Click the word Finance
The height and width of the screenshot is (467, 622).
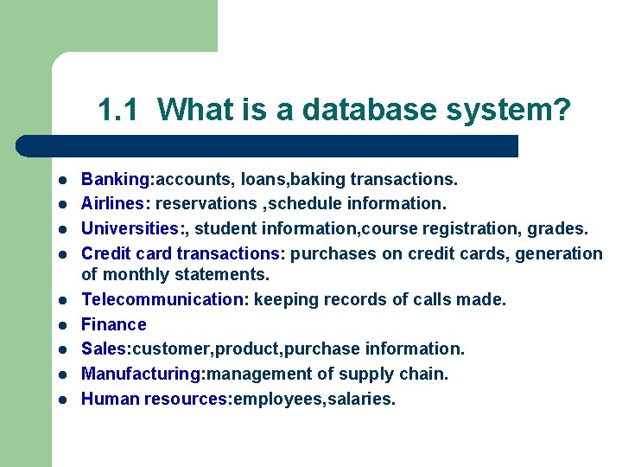pyautogui.click(x=114, y=324)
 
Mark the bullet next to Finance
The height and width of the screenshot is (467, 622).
pyautogui.click(x=63, y=325)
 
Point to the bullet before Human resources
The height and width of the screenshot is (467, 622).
pyautogui.click(x=63, y=400)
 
